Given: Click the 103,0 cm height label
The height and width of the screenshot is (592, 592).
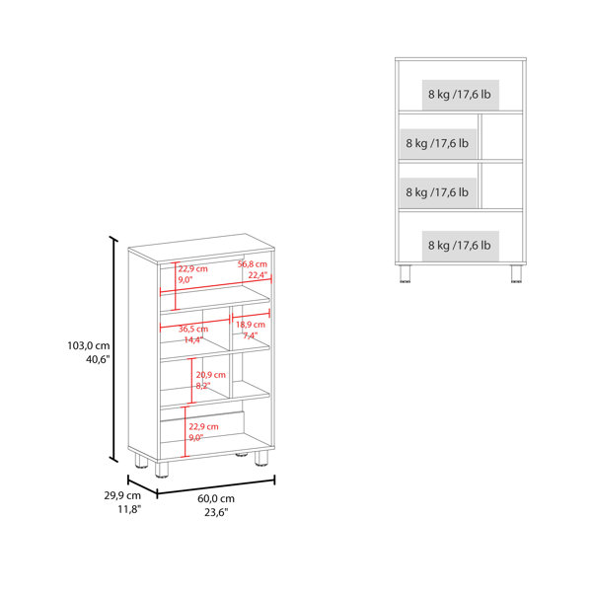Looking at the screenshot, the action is pyautogui.click(x=89, y=345).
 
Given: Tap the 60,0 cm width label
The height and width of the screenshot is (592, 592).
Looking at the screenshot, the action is pyautogui.click(x=216, y=498).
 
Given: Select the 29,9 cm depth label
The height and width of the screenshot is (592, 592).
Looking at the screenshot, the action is pyautogui.click(x=122, y=495).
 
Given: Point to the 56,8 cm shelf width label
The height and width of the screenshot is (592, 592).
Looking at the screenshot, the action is pyautogui.click(x=253, y=264).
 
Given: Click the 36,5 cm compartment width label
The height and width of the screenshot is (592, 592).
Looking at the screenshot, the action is pyautogui.click(x=193, y=329).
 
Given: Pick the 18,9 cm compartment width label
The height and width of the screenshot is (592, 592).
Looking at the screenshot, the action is pyautogui.click(x=251, y=325).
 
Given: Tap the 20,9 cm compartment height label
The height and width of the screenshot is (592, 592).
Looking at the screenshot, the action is pyautogui.click(x=211, y=375).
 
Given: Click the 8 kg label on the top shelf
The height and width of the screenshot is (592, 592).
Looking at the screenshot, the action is pyautogui.click(x=460, y=94).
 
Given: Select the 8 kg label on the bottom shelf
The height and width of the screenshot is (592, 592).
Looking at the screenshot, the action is pyautogui.click(x=460, y=246).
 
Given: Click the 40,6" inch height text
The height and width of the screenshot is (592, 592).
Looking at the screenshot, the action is pyautogui.click(x=98, y=359).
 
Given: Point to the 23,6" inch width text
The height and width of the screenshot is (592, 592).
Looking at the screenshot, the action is pyautogui.click(x=216, y=512).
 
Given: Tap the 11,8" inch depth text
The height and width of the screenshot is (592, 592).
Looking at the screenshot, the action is pyautogui.click(x=129, y=509).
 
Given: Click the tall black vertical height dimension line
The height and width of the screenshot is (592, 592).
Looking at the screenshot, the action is pyautogui.click(x=113, y=349).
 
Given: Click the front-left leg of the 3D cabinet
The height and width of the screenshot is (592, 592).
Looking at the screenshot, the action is pyautogui.click(x=161, y=468).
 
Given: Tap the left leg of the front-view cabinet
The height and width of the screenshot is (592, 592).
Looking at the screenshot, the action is pyautogui.click(x=405, y=273).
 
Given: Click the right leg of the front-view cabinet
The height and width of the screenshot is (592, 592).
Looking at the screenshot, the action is pyautogui.click(x=516, y=273).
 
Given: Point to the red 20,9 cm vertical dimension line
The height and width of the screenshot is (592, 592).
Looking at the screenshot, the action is pyautogui.click(x=191, y=381).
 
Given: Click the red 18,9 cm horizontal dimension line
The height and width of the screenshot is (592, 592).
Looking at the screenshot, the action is pyautogui.click(x=251, y=315).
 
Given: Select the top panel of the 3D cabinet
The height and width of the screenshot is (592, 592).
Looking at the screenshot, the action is pyautogui.click(x=201, y=248).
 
